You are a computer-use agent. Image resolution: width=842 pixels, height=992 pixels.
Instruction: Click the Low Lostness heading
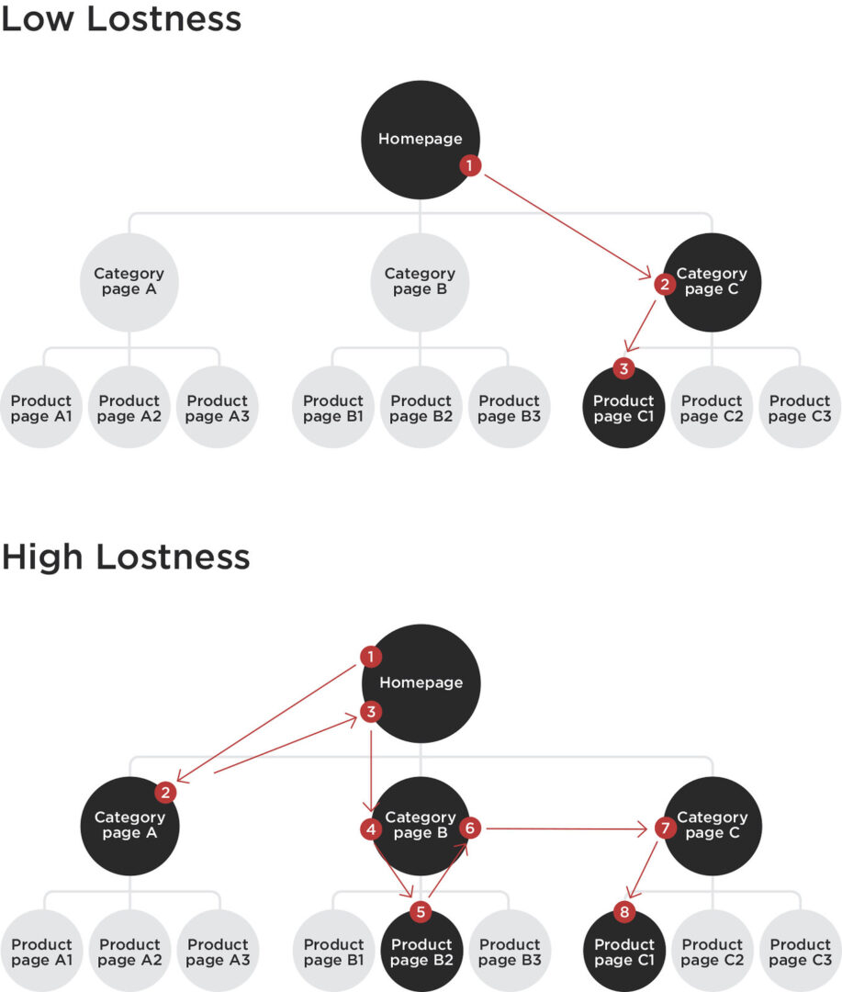click(x=121, y=17)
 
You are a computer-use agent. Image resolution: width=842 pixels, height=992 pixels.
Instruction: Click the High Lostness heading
click(x=126, y=557)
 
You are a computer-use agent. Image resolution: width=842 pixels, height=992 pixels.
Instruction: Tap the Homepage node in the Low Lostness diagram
click(x=421, y=140)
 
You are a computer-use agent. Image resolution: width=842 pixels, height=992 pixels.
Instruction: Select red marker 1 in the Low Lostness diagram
click(x=469, y=165)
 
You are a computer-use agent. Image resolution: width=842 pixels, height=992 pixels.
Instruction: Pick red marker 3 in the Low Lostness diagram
click(x=623, y=368)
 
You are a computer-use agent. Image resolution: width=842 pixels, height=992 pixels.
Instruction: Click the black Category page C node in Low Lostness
click(x=712, y=282)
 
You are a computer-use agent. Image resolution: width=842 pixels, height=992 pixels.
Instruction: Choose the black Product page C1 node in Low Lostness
click(x=623, y=408)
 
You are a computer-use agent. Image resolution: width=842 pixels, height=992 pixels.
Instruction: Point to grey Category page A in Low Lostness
click(x=129, y=282)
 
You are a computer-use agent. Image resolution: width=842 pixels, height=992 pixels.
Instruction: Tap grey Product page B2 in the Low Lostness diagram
click(x=421, y=408)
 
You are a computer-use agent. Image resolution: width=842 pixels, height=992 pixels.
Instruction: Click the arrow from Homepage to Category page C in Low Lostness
click(x=567, y=226)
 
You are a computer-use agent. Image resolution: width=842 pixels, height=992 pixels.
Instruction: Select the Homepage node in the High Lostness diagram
click(x=421, y=683)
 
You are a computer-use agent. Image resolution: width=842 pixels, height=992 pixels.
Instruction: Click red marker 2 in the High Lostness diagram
click(x=165, y=792)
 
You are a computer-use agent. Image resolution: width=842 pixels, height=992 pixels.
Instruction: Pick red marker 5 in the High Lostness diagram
click(x=421, y=912)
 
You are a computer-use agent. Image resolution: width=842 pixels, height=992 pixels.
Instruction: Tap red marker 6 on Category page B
click(x=470, y=828)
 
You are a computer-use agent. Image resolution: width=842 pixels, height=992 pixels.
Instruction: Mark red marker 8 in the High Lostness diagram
click(x=624, y=912)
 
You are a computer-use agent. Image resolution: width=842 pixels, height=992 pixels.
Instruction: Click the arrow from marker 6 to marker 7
click(x=567, y=829)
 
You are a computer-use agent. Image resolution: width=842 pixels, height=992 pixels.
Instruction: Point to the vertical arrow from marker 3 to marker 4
click(x=371, y=771)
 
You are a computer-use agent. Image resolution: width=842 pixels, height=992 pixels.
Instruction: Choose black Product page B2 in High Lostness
click(x=422, y=951)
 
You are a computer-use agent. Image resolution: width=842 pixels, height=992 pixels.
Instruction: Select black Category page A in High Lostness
click(x=129, y=827)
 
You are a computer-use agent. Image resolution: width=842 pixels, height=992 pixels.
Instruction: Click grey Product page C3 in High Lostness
click(x=801, y=951)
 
